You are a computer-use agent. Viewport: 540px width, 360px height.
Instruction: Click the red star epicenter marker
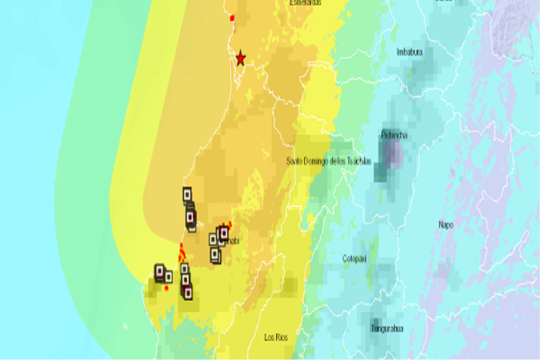[x=240, y=57]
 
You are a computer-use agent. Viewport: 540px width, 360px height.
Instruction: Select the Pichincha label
[x=394, y=135]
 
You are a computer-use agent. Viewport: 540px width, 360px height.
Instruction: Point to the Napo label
[x=446, y=225]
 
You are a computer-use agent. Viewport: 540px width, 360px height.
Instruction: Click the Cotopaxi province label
[x=354, y=259]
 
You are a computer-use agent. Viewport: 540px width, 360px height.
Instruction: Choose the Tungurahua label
[x=387, y=329]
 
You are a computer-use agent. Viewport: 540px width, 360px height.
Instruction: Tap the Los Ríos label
[x=276, y=337]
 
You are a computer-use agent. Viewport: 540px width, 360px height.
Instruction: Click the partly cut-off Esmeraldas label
[x=305, y=3]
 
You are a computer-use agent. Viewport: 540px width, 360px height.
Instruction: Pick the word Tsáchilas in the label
[x=359, y=161]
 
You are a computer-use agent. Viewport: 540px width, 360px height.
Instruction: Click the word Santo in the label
[x=295, y=161]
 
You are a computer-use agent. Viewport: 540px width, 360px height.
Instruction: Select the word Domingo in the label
[x=317, y=161]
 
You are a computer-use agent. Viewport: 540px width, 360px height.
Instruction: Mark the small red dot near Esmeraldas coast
[x=232, y=18]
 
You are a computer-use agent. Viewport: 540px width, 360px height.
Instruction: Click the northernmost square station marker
[x=187, y=194]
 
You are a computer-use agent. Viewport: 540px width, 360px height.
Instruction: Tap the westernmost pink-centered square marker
[x=159, y=271]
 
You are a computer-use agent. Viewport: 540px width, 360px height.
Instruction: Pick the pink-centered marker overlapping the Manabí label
[x=224, y=232]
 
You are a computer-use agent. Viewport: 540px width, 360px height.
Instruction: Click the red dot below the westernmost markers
[x=167, y=288]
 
